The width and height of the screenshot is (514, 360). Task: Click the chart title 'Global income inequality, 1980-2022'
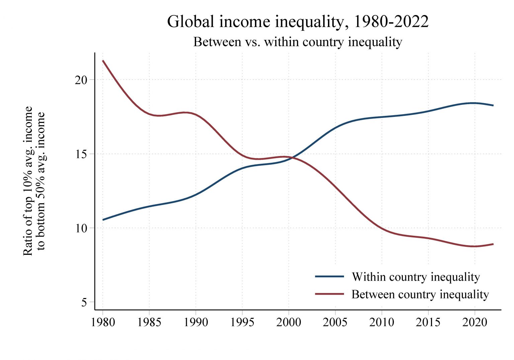[297, 22]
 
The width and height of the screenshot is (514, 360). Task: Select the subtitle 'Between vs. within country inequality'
[297, 42]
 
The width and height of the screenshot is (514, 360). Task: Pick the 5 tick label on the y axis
[84, 303]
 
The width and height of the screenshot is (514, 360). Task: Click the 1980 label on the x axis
[103, 322]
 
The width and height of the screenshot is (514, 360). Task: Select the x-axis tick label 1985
[149, 322]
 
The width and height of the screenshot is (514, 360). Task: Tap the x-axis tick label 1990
[196, 322]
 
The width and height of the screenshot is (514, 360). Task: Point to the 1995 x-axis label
[242, 322]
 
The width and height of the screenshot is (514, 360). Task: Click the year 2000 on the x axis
[288, 322]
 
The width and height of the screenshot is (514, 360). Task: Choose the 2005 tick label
[335, 322]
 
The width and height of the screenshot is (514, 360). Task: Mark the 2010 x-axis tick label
[381, 322]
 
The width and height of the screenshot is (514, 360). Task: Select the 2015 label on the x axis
[428, 322]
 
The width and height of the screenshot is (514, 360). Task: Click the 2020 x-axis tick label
[475, 322]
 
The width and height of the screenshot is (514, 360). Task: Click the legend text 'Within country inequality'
[416, 277]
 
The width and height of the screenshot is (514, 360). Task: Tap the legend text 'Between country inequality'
[420, 294]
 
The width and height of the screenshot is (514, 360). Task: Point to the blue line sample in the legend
[329, 277]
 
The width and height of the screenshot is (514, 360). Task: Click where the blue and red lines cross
[290, 157]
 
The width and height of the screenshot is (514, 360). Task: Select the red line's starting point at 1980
[103, 61]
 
